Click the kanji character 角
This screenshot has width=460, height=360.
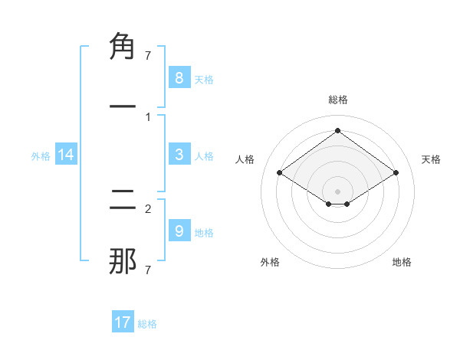pos(123,47)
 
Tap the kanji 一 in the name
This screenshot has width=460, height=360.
pos(123,107)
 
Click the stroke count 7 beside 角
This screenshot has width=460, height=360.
pos(147,56)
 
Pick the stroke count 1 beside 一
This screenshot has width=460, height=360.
pos(147,116)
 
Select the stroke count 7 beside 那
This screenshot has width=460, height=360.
pos(147,270)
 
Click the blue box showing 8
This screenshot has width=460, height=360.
pos(179,77)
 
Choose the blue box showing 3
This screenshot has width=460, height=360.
pos(179,155)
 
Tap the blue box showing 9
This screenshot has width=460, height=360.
pos(179,231)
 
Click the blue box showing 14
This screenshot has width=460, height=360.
pos(66,155)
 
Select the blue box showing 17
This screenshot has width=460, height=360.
pos(123,322)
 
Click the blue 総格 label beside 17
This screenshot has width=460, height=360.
pos(147,324)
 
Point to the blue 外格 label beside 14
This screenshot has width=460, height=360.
pos(41,156)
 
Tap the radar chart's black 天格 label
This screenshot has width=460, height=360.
pos(431,159)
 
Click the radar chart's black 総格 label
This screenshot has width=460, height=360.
pos(338,100)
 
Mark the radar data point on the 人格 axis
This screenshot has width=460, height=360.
pos(280,173)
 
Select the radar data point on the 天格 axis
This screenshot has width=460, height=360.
pos(396,173)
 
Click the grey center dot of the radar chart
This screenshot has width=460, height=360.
pos(338,191)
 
